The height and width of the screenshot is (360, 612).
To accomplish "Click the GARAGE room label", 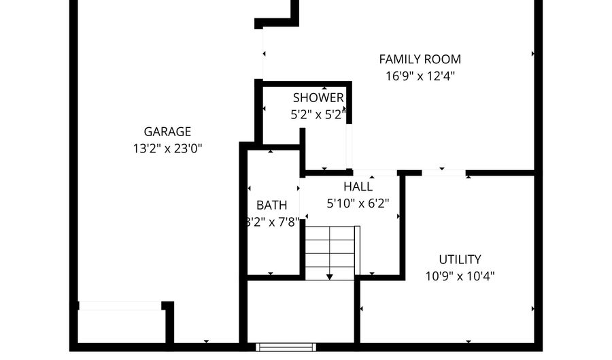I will (x=167, y=132).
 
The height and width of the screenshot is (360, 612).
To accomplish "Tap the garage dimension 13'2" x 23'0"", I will (x=167, y=148).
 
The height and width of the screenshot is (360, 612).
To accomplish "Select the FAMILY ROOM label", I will (x=420, y=59).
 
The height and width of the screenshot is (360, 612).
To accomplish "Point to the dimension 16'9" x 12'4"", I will (x=420, y=76).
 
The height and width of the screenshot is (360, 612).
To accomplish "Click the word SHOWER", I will (x=318, y=98).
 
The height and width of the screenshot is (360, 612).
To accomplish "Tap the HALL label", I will (x=358, y=186).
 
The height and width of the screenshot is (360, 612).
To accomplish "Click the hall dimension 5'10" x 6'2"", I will (x=358, y=203).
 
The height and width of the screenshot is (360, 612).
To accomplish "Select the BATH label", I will (x=271, y=205).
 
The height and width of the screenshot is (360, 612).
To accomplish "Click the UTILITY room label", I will (x=460, y=259).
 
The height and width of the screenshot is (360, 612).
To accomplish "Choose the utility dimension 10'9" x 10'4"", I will (x=460, y=276).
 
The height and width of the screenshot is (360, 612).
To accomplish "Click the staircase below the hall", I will (x=330, y=252).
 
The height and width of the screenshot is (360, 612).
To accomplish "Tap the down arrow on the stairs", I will (x=330, y=276).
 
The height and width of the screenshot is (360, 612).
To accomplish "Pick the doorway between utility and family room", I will (x=443, y=173).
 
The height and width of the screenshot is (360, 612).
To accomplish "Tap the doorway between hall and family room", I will (x=375, y=173).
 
